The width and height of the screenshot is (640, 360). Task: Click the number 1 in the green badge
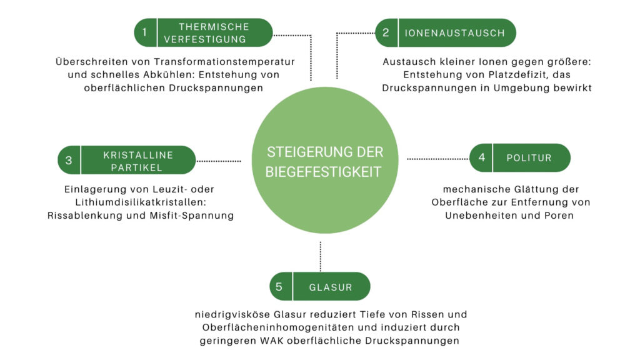145,32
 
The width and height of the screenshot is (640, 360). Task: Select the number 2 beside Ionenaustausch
386,32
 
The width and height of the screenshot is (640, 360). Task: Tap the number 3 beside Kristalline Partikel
69,160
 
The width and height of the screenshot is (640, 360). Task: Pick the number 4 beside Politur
481,157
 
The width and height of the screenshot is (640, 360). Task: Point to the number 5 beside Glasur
280,287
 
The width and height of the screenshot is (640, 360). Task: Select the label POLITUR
530,158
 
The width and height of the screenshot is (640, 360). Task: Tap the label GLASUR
331,287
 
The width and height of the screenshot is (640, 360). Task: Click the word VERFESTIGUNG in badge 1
214,39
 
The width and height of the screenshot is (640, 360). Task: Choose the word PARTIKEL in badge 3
138,167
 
